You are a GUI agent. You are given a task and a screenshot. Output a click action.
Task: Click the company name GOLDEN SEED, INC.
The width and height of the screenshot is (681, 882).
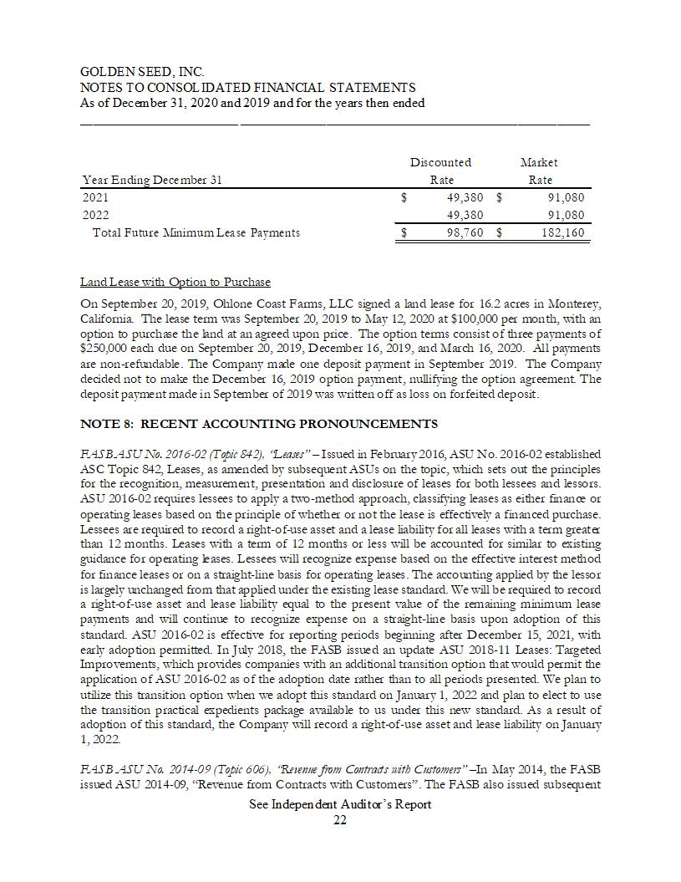[142, 73]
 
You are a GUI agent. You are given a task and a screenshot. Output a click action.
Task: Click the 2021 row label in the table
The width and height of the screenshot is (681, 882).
[95, 198]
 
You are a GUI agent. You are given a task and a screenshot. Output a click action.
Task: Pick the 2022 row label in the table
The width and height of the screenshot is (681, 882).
[95, 215]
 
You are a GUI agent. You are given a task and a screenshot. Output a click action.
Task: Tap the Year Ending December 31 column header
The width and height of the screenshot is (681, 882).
[153, 180]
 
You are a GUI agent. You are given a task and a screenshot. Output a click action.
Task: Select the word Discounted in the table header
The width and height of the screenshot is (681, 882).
[440, 162]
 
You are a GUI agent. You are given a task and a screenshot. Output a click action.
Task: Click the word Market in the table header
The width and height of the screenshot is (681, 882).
[539, 162]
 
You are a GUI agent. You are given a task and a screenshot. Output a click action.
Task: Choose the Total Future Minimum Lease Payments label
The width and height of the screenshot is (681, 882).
[196, 232]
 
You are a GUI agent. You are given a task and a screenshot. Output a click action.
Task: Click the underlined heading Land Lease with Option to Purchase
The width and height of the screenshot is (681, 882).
[175, 282]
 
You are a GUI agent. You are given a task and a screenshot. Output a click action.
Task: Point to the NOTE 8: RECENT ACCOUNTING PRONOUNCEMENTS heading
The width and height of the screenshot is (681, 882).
[259, 424]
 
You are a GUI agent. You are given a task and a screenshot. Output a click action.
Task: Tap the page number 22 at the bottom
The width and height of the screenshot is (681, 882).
[340, 820]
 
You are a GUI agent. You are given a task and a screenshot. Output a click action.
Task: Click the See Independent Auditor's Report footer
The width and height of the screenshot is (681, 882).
[340, 804]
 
